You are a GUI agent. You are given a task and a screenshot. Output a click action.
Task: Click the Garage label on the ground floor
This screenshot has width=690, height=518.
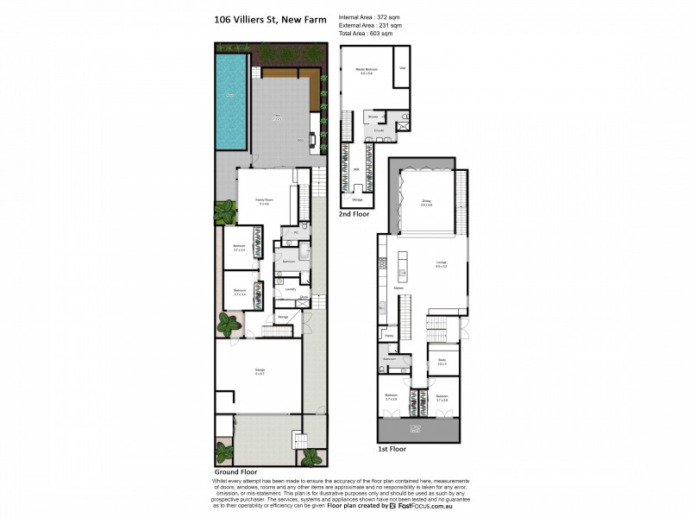(259, 371)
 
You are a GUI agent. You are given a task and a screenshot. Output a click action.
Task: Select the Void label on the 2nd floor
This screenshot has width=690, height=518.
(402, 68)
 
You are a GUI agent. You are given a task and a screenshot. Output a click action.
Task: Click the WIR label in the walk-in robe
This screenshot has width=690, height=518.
(355, 169)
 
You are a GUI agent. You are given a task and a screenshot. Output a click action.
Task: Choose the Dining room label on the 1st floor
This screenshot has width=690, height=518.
(425, 202)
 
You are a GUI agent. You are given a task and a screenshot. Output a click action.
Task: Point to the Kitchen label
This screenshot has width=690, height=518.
(398, 287)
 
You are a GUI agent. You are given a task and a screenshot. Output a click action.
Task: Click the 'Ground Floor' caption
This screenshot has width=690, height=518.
(236, 472)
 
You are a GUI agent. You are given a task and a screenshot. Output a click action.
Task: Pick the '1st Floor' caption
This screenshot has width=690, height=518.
(392, 449)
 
